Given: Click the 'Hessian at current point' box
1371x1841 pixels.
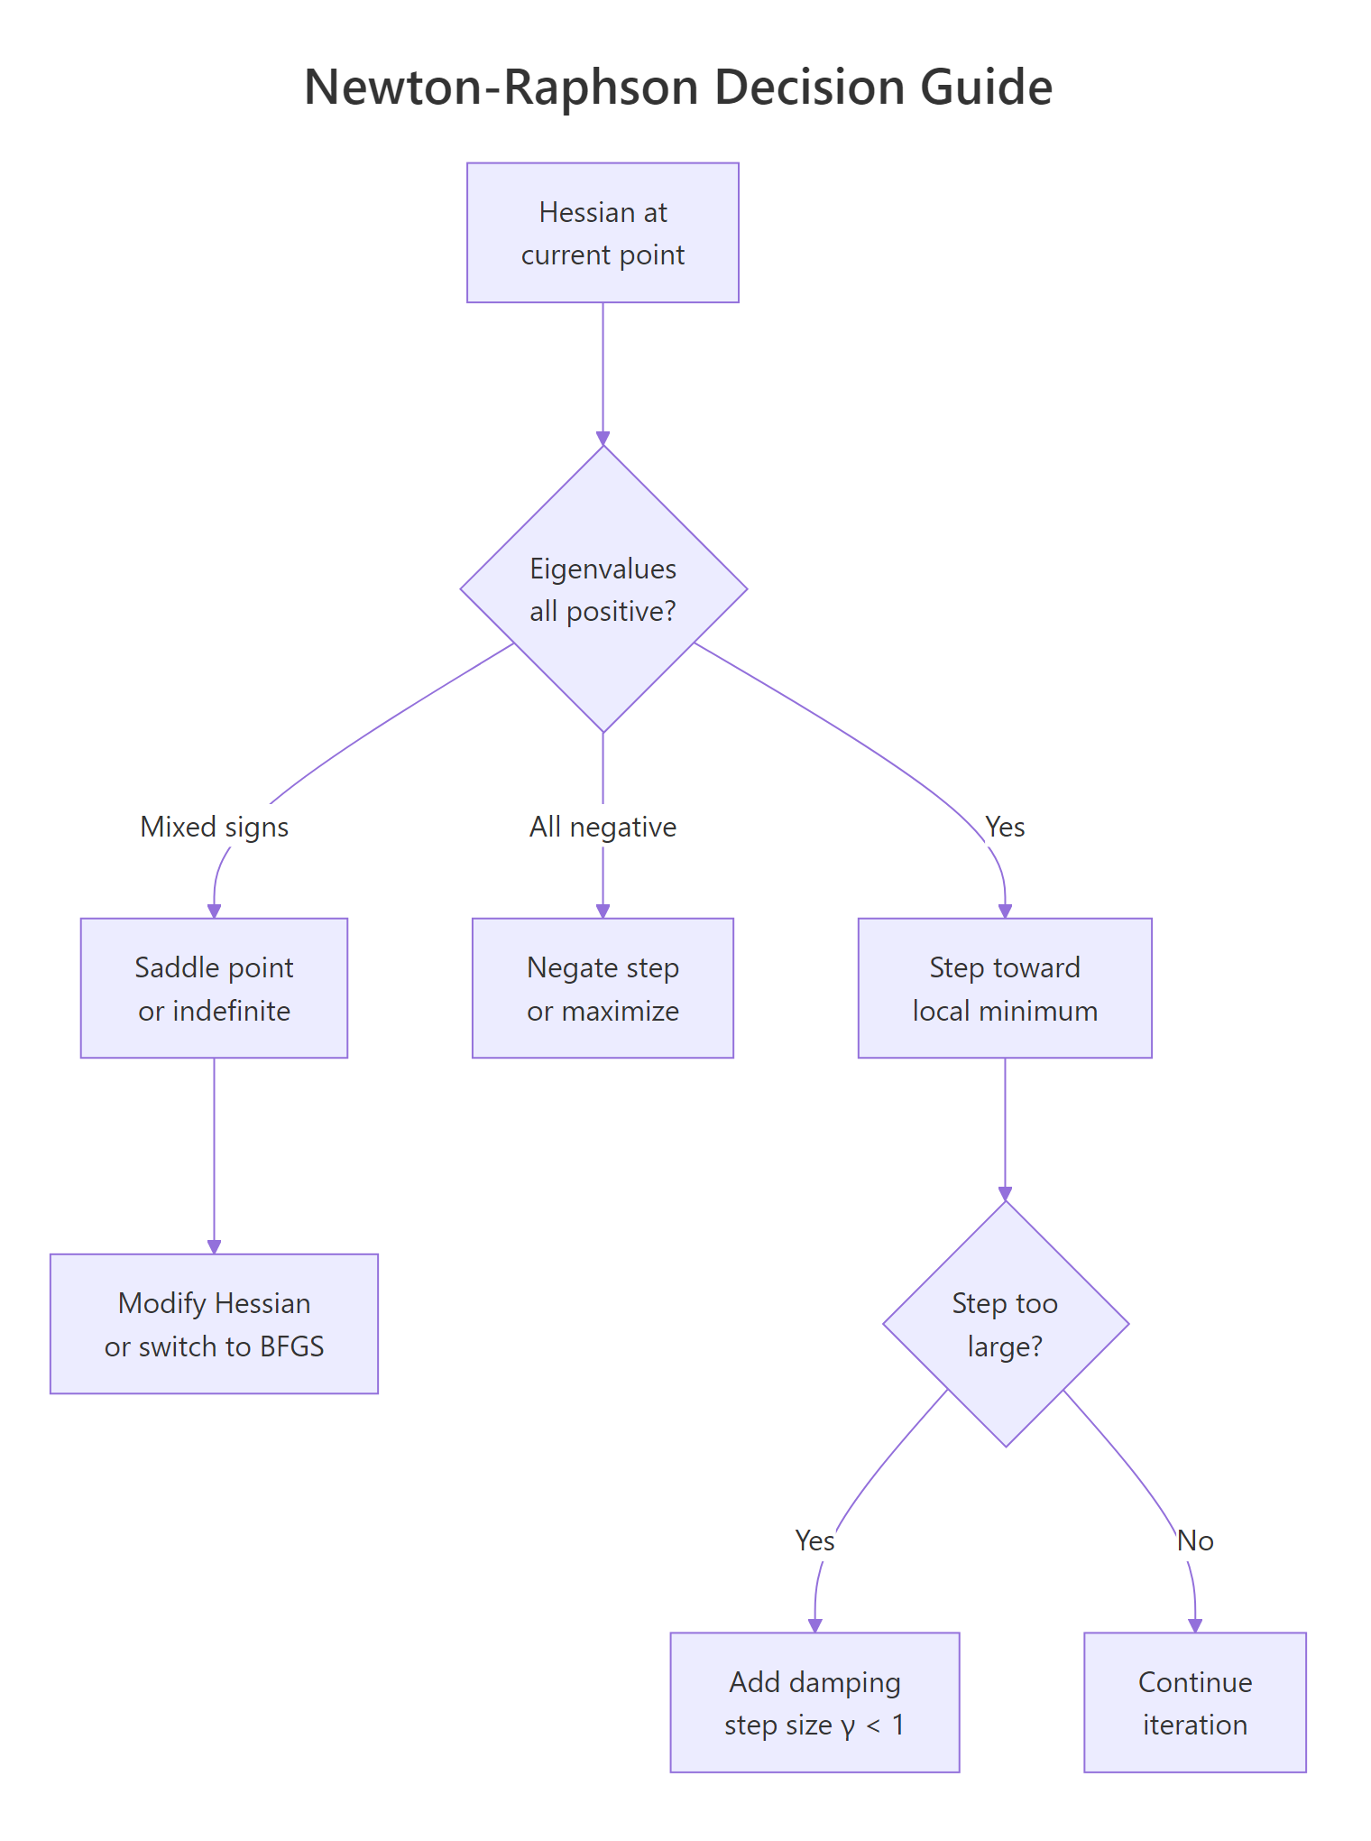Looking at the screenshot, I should coord(603,233).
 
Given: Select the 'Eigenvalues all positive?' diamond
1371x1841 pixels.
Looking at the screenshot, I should coord(603,588).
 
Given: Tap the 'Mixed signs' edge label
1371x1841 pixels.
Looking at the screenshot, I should coord(214,827).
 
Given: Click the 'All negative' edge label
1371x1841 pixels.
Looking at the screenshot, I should coord(603,827).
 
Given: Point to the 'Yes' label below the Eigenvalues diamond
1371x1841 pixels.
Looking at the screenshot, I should coord(1004,827).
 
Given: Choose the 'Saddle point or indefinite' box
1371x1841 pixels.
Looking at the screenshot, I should coord(214,988).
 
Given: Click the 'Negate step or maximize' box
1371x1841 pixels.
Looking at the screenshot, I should coord(603,988).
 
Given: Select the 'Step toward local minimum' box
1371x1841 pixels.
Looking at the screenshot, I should coord(1004,988).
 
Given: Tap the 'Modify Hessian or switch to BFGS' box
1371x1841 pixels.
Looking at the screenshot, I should coord(214,1324).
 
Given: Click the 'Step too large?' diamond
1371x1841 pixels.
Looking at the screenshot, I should coord(1005,1324).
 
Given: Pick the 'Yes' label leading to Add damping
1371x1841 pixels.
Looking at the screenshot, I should coord(814,1540).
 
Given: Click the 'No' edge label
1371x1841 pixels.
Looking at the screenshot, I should coord(1195,1540).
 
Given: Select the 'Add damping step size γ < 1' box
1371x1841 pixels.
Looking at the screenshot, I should coord(814,1703).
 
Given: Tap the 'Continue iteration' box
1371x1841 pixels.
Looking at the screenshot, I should coord(1194,1703).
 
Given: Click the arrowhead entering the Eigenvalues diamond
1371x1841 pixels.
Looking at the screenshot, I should coord(603,439).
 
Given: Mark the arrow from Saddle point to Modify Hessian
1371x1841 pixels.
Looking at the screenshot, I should coord(214,1155).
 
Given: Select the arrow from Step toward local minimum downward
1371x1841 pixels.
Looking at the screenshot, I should coord(1005,1128).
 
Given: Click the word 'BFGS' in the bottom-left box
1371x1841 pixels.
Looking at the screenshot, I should coord(291,1346).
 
